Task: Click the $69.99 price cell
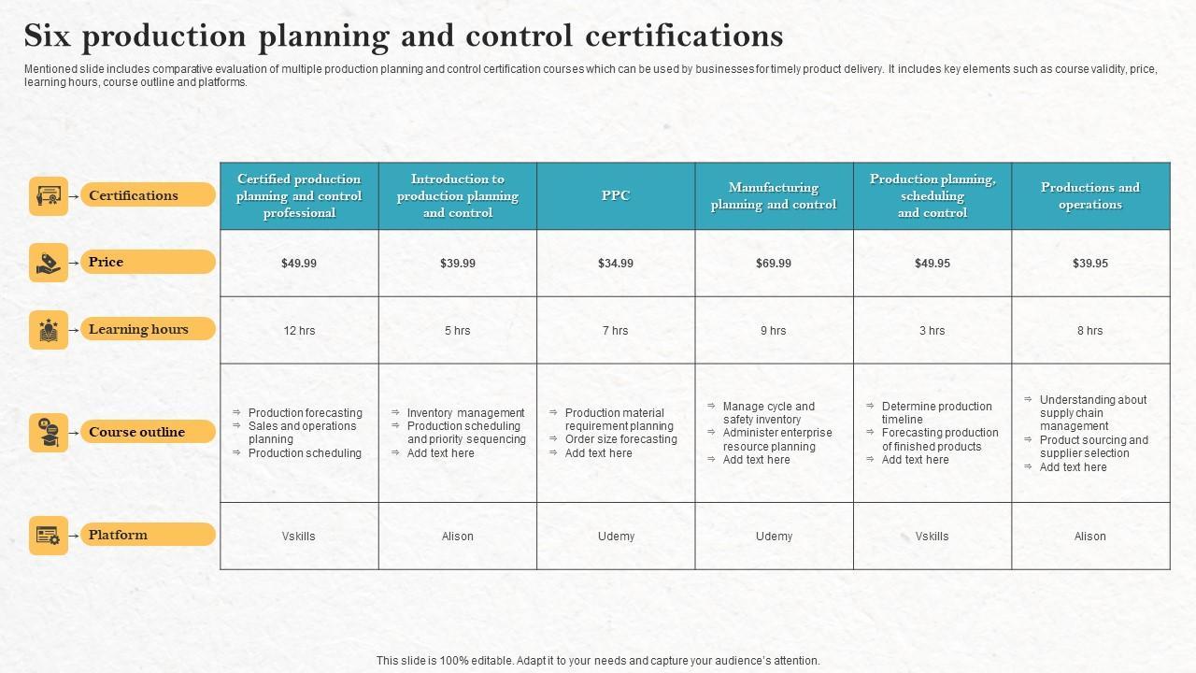click(774, 264)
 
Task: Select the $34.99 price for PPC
click(616, 264)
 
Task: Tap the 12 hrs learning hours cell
click(299, 331)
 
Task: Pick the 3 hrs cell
click(932, 331)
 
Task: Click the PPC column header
click(616, 196)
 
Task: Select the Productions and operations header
click(1090, 196)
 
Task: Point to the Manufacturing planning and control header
click(774, 196)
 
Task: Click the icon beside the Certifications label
click(49, 196)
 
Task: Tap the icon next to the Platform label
click(49, 536)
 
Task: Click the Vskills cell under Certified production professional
click(299, 537)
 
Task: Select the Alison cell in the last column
click(1090, 537)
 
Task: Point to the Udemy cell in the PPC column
click(616, 537)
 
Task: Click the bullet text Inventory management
click(465, 413)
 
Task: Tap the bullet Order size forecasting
click(620, 439)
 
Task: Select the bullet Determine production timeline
click(936, 413)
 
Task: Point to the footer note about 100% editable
click(598, 661)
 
